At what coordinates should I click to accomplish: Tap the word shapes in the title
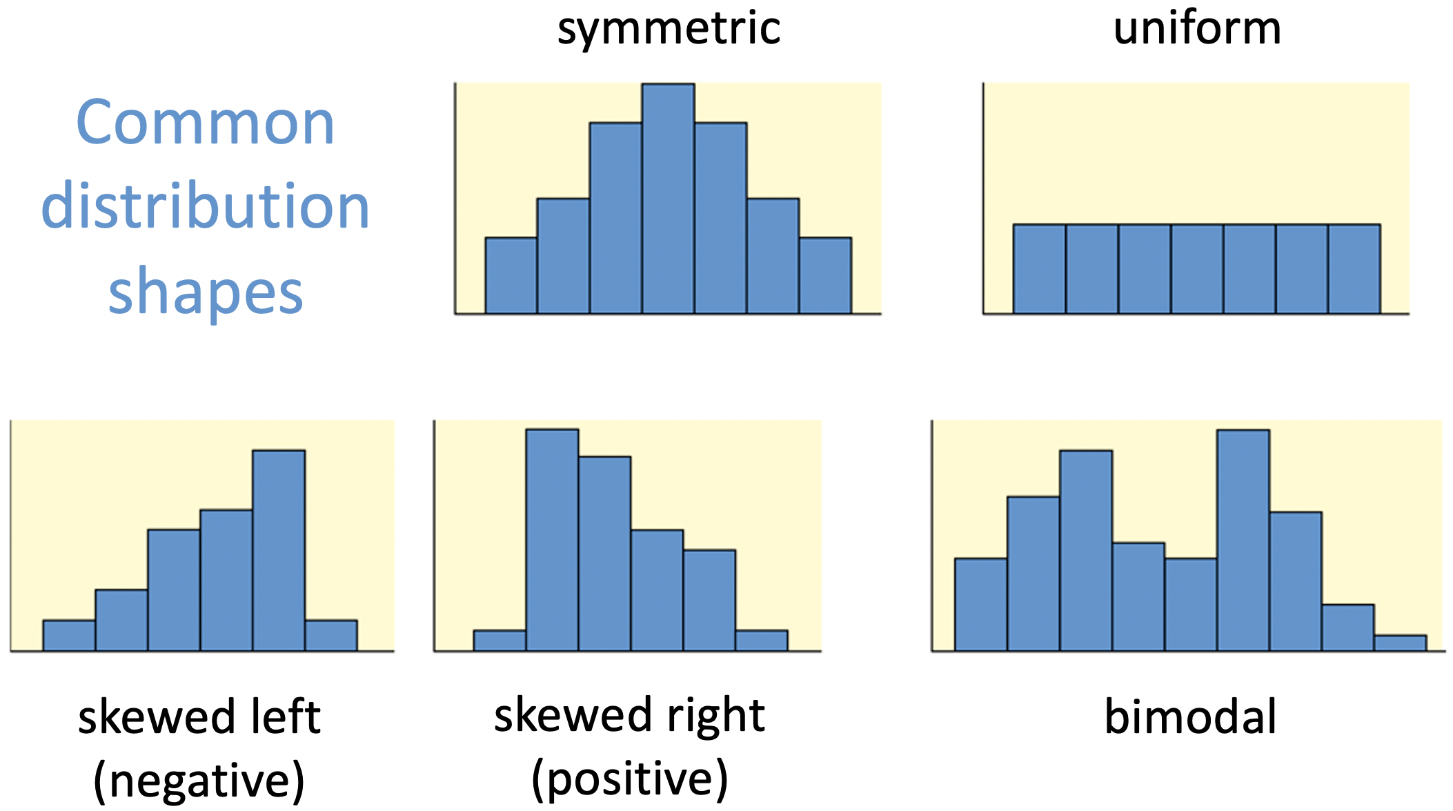(206, 291)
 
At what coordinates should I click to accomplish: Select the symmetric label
(669, 29)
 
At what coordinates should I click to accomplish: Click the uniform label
(1197, 29)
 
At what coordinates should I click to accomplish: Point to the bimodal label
(1190, 717)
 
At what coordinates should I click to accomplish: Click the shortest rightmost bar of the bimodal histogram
(1400, 643)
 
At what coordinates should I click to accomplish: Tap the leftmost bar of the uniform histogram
(1040, 269)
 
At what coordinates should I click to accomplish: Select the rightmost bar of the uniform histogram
(1354, 269)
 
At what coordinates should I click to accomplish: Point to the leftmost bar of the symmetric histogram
(511, 276)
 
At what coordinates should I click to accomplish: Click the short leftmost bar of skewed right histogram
(500, 641)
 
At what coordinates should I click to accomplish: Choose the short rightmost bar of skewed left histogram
(331, 636)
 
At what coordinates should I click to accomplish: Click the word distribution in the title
(206, 207)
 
